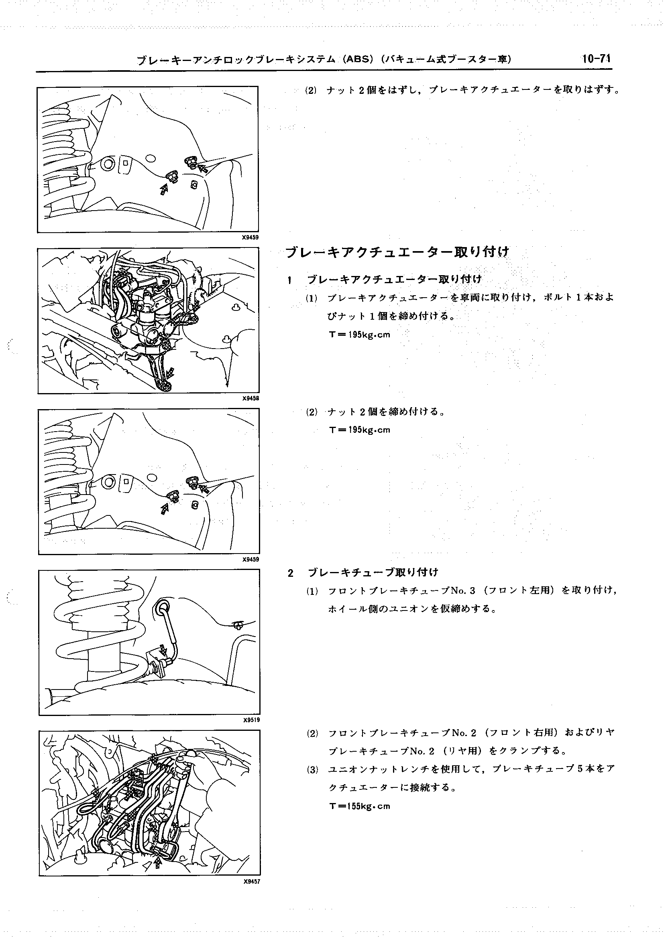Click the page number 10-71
point(596,59)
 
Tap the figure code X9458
point(250,398)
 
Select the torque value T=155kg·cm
point(360,806)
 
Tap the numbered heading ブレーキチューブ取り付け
point(373,572)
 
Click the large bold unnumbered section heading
point(397,251)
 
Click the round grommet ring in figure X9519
point(162,606)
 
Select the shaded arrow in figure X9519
point(164,650)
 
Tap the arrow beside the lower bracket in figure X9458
point(170,373)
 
